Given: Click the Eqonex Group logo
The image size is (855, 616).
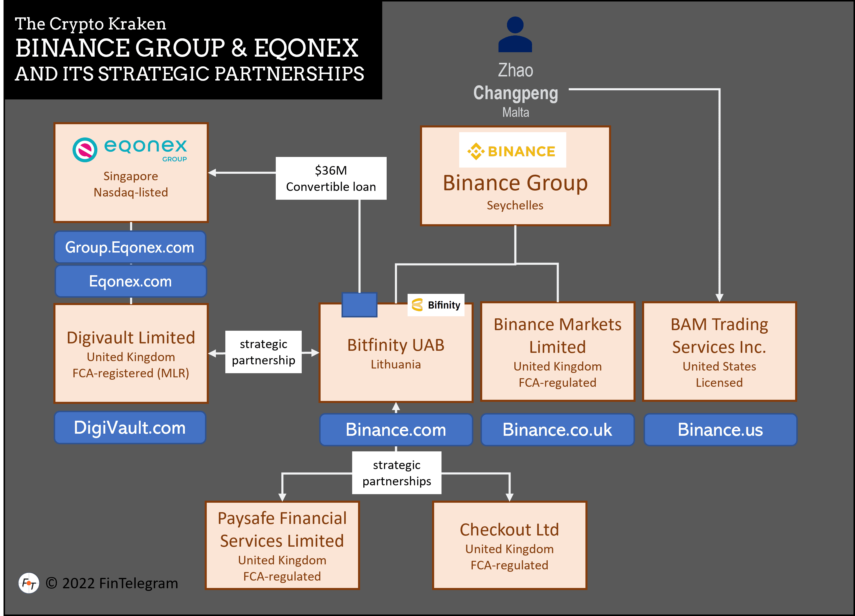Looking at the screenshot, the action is [130, 150].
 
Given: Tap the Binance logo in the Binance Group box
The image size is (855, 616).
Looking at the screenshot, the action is [512, 150].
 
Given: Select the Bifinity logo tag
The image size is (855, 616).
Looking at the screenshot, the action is [436, 304].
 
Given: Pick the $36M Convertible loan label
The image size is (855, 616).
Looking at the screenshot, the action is [331, 178].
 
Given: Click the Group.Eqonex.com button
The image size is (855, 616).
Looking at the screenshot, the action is [130, 247].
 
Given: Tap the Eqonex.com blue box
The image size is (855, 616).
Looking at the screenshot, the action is [130, 281].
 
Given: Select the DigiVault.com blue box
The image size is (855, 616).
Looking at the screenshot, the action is [130, 427].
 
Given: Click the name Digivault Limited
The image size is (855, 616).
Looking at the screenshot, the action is [131, 338].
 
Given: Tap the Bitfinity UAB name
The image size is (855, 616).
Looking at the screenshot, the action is [396, 345].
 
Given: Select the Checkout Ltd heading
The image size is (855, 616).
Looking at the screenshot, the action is [509, 530].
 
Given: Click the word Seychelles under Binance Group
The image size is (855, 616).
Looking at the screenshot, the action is [515, 205].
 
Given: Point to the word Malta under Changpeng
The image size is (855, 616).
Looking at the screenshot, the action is [515, 112].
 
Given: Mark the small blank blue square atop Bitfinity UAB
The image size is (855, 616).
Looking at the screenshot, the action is [359, 304].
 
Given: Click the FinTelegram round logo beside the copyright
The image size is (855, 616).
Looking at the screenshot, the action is [29, 583].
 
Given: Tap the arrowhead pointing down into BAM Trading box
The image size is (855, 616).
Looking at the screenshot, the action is [719, 298].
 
